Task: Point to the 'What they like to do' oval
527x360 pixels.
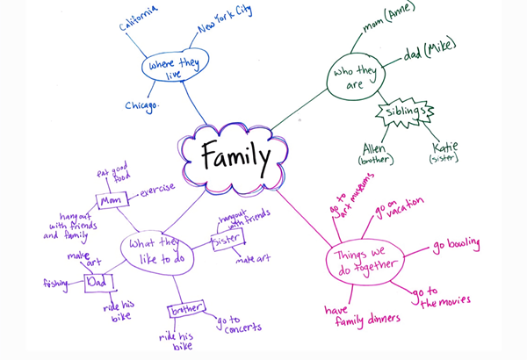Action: click(159, 248)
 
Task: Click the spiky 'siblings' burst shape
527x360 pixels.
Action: click(405, 113)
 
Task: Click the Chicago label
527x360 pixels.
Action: click(141, 106)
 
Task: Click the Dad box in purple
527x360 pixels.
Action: click(98, 283)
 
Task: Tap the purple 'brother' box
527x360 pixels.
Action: click(186, 311)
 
